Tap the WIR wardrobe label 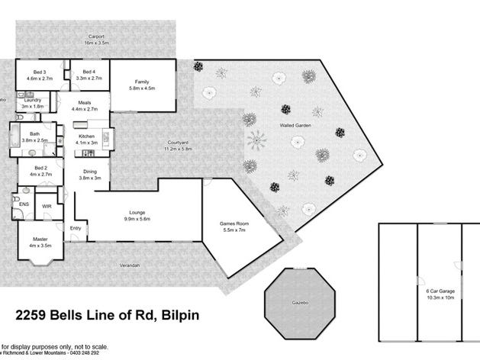tap(47, 206)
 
